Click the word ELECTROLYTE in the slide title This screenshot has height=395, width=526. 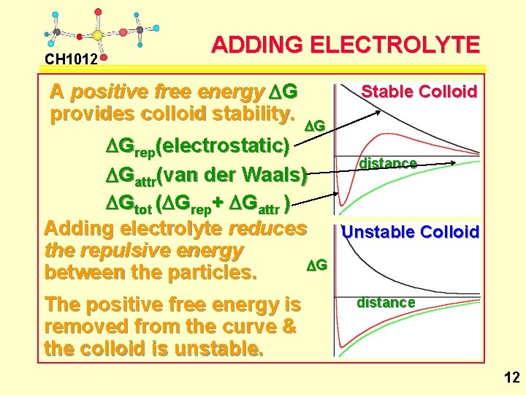coord(394,45)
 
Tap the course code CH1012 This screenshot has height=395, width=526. coord(71,59)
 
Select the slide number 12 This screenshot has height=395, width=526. coord(511,377)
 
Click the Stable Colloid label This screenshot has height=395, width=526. coord(419,91)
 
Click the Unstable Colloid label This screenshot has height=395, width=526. coord(411,232)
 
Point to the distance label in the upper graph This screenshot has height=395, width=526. coord(387,163)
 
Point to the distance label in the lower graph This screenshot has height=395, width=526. coord(385,302)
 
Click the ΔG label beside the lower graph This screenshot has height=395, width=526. coord(316,265)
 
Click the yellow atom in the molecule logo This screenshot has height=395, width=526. coord(97,34)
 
